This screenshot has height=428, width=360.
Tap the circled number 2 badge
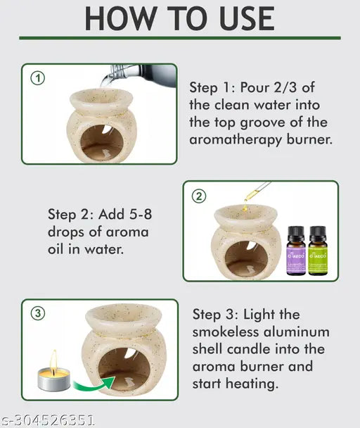coord(200,196)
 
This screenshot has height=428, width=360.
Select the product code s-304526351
coord(49,420)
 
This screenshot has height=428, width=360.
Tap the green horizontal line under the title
coord(180,37)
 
